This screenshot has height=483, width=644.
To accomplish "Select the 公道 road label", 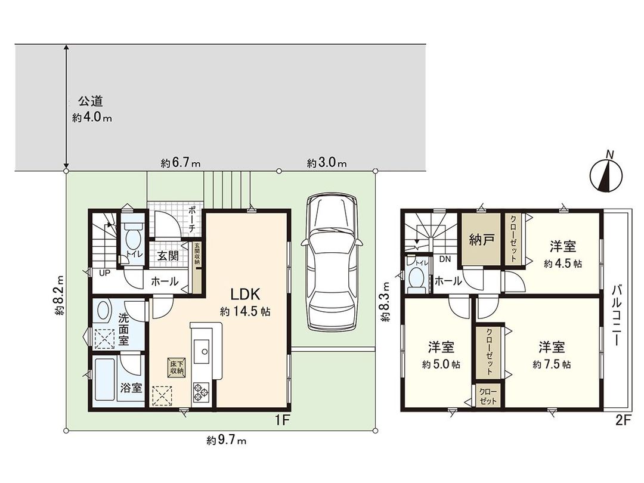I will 86,101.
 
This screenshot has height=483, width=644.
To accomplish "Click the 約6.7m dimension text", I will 180,162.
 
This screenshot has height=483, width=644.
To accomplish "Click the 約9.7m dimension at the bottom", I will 227,441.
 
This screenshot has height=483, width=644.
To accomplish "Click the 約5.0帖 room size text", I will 441,364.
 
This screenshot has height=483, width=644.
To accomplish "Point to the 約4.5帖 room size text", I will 563,263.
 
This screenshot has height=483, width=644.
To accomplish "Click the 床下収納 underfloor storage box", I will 175,367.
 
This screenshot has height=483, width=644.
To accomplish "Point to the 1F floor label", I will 282,420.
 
